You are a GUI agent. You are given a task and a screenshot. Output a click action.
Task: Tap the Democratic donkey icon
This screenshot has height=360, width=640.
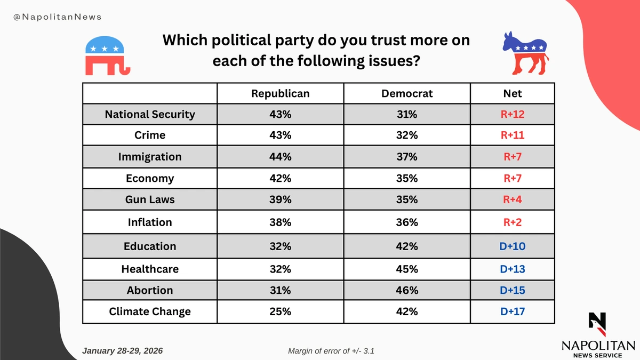pyautogui.click(x=526, y=53)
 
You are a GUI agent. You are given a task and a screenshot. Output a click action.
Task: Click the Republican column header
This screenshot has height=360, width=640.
pyautogui.click(x=280, y=93)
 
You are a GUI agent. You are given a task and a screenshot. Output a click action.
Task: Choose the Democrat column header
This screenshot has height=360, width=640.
pyautogui.click(x=407, y=93)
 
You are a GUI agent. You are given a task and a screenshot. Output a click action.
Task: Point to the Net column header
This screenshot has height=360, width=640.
pyautogui.click(x=513, y=93)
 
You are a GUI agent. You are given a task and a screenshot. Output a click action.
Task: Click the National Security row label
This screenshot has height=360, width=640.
pyautogui.click(x=150, y=114)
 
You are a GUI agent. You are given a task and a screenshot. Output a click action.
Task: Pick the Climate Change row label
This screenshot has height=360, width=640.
pyautogui.click(x=150, y=311)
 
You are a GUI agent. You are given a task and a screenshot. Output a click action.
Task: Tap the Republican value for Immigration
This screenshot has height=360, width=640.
pyautogui.click(x=280, y=157)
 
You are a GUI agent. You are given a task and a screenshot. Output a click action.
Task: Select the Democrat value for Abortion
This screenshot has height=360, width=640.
pyautogui.click(x=407, y=290)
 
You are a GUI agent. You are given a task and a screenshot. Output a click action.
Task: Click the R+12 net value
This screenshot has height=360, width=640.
pyautogui.click(x=513, y=114)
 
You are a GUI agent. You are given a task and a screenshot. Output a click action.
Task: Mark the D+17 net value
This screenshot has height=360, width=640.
pyautogui.click(x=513, y=311)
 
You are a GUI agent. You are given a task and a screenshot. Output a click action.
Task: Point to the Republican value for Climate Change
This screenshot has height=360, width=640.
pyautogui.click(x=280, y=311)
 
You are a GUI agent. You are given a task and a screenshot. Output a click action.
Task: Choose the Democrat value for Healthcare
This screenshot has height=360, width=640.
pyautogui.click(x=407, y=269)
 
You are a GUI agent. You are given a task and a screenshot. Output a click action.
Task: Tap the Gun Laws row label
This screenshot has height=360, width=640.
pyautogui.click(x=150, y=199)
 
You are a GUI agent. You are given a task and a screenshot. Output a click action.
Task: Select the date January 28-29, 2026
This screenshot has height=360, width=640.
pyautogui.click(x=123, y=351)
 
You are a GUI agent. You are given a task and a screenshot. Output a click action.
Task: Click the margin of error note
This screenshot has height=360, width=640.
pyautogui.click(x=334, y=351)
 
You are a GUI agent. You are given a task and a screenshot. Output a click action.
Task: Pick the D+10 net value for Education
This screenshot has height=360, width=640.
pyautogui.click(x=513, y=246)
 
